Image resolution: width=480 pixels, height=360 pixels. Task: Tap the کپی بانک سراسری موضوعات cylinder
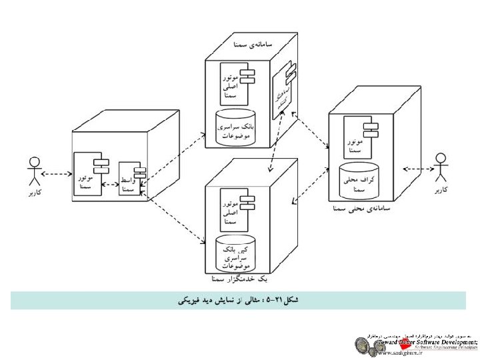click(x=234, y=253)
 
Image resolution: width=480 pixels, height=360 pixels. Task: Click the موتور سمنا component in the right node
click(x=358, y=138)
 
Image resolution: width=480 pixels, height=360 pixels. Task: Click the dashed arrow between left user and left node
click(x=57, y=175)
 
